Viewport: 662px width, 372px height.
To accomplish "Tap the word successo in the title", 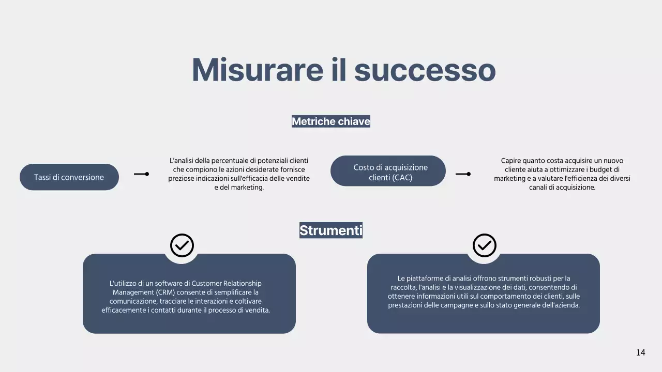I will (x=425, y=71).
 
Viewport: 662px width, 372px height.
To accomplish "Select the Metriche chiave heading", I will (x=331, y=121).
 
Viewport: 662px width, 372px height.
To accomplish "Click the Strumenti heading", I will (x=331, y=230).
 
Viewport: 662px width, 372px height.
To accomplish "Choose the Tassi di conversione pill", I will (x=69, y=177).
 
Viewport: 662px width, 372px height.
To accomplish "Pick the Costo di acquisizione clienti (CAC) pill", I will (x=388, y=171).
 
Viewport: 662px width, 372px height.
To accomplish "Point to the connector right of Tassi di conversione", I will (x=141, y=174).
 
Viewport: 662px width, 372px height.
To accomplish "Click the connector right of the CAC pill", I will (x=463, y=174).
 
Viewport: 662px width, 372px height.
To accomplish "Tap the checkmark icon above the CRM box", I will (x=182, y=245).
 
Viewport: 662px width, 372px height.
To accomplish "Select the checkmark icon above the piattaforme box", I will (x=485, y=245).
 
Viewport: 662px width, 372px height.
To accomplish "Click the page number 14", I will (x=640, y=352).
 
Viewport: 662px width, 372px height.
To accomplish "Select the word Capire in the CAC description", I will (x=511, y=161).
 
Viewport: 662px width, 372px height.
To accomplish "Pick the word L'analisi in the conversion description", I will (x=183, y=161).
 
